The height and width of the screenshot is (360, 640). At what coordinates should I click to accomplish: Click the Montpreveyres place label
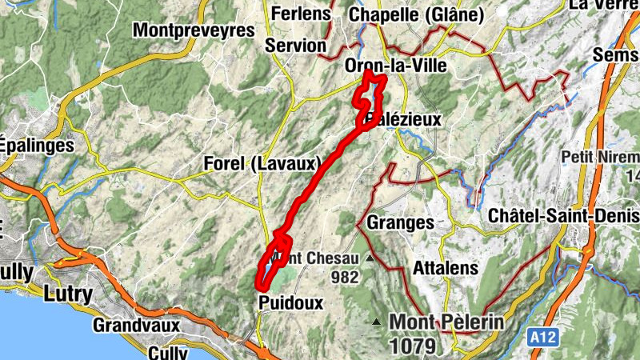tap(194, 30)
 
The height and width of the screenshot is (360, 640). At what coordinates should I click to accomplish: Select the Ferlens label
tap(301, 14)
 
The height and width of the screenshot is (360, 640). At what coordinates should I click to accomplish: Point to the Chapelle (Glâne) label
tap(417, 14)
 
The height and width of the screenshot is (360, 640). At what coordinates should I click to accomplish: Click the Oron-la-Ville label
tap(394, 66)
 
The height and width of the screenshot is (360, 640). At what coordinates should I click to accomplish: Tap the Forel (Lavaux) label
tap(262, 164)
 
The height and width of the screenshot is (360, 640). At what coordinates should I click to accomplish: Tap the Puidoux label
tap(290, 302)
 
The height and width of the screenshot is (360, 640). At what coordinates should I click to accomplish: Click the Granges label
tap(401, 222)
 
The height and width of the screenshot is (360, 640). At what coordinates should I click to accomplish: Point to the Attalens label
tap(446, 269)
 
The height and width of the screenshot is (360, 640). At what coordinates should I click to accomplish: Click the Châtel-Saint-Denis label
tap(563, 216)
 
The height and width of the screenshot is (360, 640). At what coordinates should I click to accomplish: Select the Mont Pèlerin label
tap(446, 322)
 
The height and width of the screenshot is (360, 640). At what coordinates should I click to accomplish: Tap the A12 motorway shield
tap(543, 340)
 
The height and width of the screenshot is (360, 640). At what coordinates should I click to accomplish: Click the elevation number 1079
tap(413, 346)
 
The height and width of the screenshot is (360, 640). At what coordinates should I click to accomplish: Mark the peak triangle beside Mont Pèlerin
tap(376, 322)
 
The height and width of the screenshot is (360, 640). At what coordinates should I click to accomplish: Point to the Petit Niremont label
tap(600, 155)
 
